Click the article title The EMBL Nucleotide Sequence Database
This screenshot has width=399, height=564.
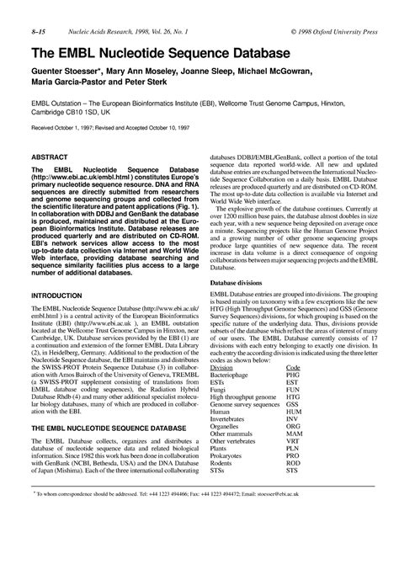click(151, 54)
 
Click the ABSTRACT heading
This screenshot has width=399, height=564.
click(51, 157)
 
